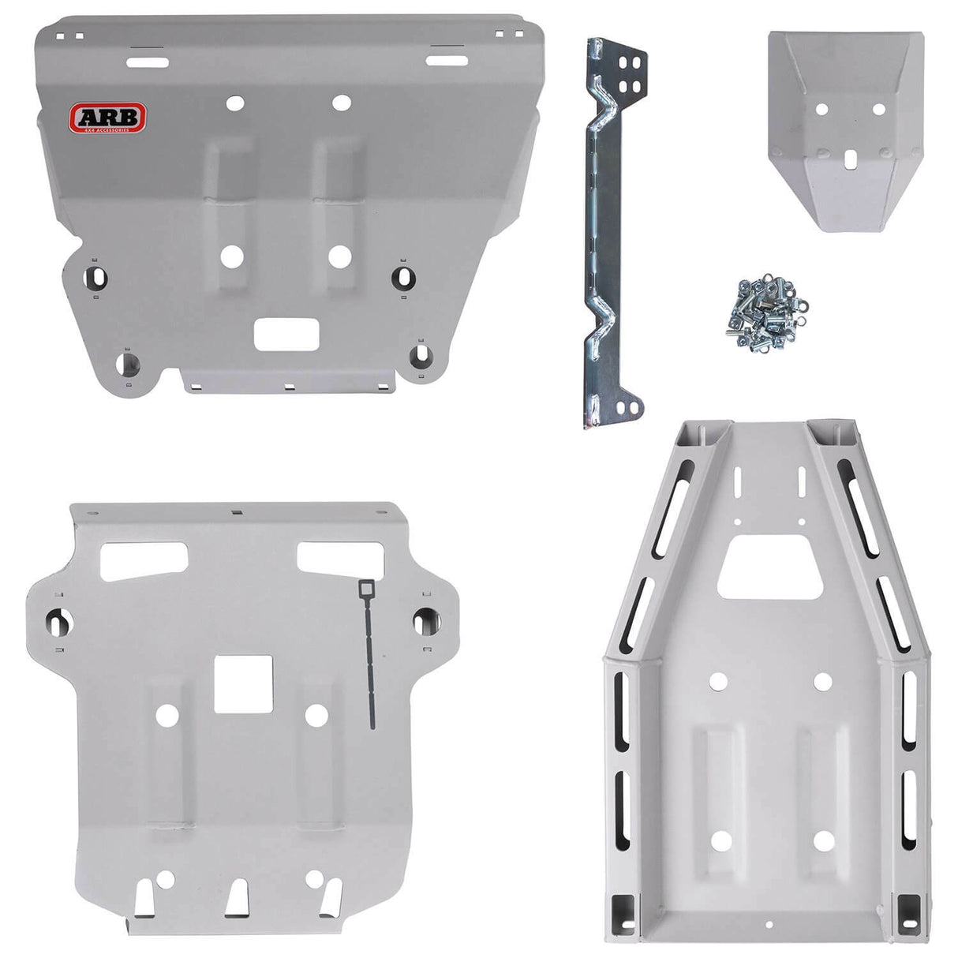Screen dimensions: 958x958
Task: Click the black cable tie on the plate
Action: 369,655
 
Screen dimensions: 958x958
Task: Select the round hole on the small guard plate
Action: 821,110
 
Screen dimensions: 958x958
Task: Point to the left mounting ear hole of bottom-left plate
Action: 61,622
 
